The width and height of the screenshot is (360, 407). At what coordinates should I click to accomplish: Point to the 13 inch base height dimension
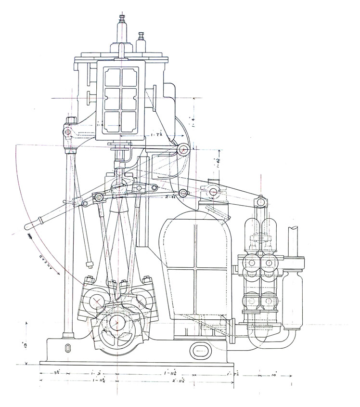tap(25, 344)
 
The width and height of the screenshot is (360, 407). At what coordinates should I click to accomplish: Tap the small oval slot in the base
tap(67, 348)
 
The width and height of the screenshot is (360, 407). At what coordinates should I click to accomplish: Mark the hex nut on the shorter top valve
tap(142, 36)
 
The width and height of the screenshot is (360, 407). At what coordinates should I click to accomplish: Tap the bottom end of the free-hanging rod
tap(89, 264)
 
